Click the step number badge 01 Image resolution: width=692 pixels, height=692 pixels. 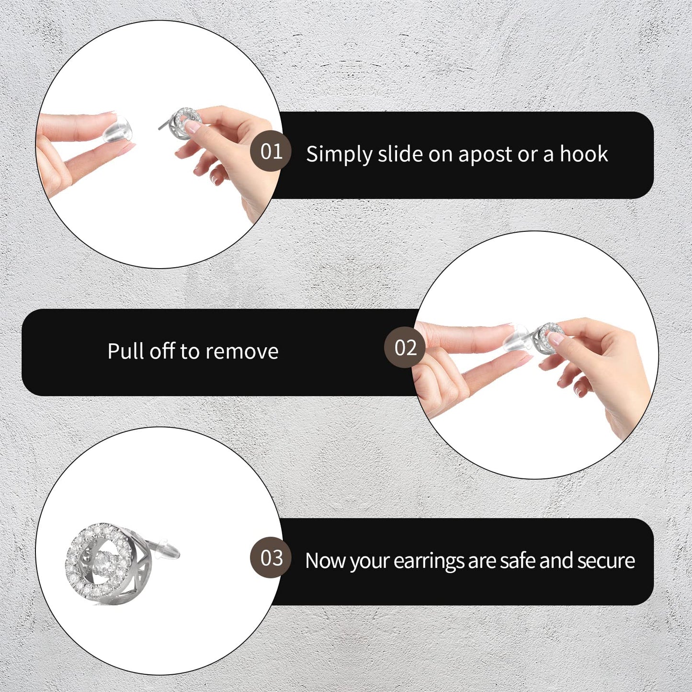coord(271,151)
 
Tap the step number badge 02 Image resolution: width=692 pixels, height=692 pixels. coord(405,348)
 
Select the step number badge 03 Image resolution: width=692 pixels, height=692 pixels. coord(271,558)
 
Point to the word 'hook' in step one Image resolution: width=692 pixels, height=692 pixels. coord(584,154)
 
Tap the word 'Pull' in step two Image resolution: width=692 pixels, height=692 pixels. coord(124,351)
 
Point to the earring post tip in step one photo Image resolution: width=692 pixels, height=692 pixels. coord(160,128)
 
